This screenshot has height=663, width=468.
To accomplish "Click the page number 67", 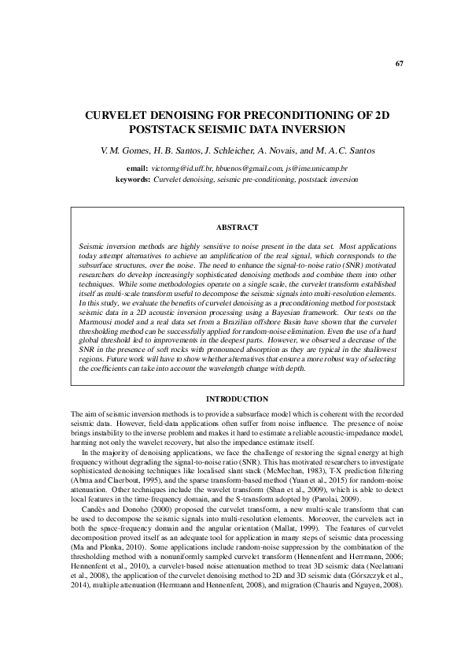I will pos(399,64).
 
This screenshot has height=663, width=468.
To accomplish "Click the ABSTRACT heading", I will pos(237,228).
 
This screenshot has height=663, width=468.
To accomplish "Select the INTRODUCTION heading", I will pos(237,399).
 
